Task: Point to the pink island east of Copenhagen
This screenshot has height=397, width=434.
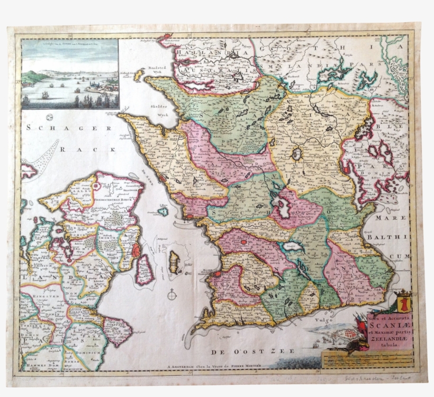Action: click(x=143, y=269)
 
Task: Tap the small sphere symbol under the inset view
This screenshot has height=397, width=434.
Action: click(x=49, y=117)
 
